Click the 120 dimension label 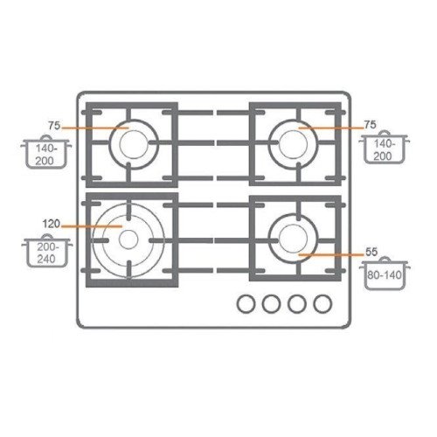tap(52, 224)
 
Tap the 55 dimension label tap(371, 252)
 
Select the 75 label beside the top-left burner tap(54, 126)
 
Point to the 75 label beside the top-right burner tap(370, 125)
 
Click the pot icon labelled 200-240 tap(47, 251)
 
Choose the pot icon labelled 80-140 tap(385, 274)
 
